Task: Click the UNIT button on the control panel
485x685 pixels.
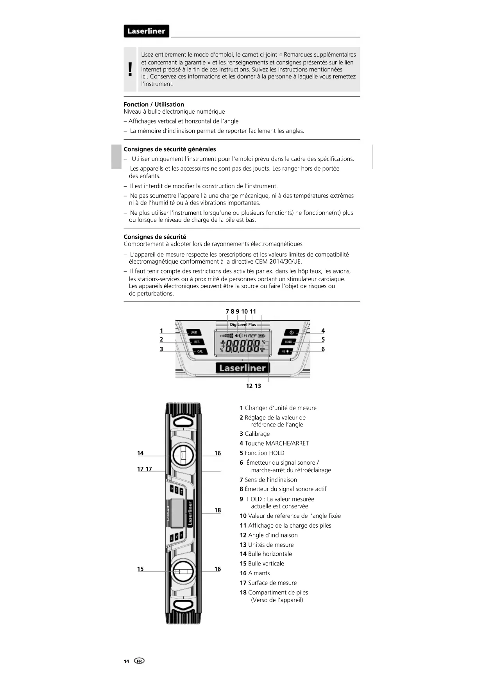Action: (193, 333)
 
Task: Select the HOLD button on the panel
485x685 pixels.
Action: (288, 342)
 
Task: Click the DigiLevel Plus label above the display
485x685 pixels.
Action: (243, 325)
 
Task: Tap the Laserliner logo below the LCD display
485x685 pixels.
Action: (242, 368)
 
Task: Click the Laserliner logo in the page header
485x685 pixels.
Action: (146, 31)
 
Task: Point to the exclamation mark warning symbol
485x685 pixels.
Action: (130, 70)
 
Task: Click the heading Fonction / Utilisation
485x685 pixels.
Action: (154, 104)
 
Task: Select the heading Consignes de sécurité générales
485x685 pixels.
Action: (170, 149)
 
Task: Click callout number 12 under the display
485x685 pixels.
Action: (249, 386)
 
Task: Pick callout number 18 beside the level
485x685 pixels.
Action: (218, 510)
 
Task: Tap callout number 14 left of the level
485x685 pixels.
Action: (140, 453)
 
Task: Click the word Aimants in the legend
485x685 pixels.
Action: (259, 573)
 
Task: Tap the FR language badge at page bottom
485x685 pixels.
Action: (139, 661)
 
